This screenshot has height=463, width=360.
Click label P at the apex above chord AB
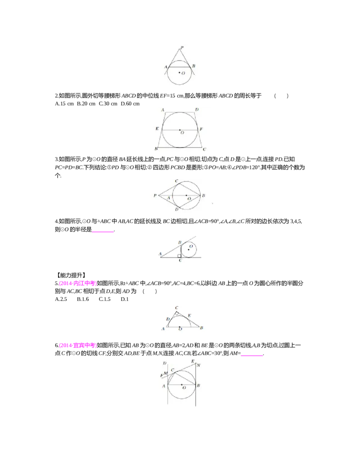click(x=182, y=47)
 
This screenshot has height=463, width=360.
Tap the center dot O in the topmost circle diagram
click(x=179, y=72)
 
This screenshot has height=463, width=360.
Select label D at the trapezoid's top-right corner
click(x=197, y=109)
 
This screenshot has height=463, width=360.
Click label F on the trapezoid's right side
click(x=201, y=130)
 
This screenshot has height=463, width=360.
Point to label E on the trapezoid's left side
click(x=157, y=129)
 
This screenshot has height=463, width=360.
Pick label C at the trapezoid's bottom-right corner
click(x=204, y=149)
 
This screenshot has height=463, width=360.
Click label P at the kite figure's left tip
click(x=155, y=196)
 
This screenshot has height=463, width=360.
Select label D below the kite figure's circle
click(x=177, y=210)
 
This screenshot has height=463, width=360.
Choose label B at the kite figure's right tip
click(x=203, y=195)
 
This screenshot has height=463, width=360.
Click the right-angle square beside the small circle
click(x=180, y=255)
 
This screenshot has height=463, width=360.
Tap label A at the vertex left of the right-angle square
click(x=160, y=254)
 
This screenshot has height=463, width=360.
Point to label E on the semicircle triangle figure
click(x=189, y=315)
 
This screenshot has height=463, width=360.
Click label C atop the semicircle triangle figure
click(x=177, y=308)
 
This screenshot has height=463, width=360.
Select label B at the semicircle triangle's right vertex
click(x=202, y=328)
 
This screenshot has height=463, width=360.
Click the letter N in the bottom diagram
click(x=198, y=365)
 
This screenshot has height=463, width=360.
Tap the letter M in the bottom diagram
click(x=166, y=373)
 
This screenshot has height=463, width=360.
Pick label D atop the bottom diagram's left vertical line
click(x=165, y=363)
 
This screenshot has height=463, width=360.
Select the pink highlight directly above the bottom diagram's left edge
click(x=77, y=346)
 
